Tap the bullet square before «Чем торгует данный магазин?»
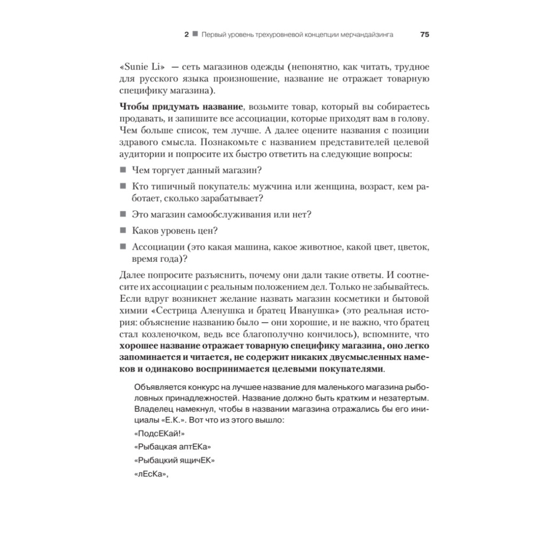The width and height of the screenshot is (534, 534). tap(123, 170)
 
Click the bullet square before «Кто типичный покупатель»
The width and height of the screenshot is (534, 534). tap(123, 186)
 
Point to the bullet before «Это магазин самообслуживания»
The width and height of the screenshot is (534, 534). tap(123, 215)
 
